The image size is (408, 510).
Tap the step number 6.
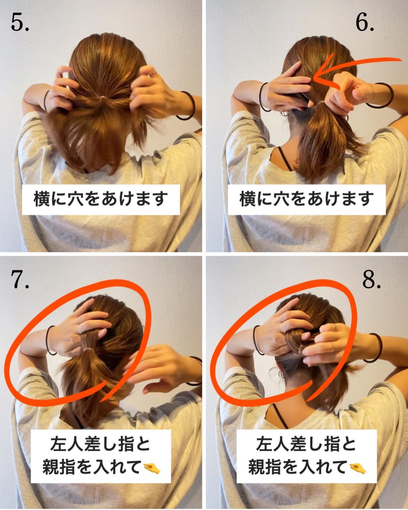tap(364, 23)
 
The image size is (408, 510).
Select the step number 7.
tap(19, 279)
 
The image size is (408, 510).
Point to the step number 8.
tap(371, 279)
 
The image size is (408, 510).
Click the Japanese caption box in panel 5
tap(101, 199)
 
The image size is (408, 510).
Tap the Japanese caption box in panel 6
tap(307, 199)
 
